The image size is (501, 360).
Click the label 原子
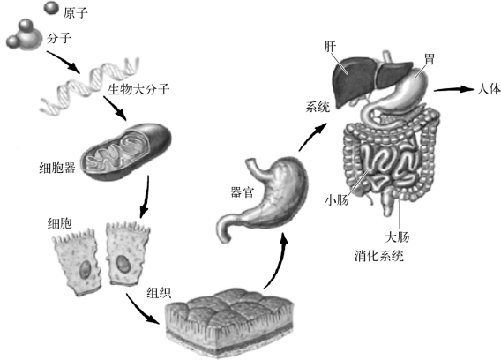(x=75, y=12)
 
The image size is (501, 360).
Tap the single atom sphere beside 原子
(x=51, y=8)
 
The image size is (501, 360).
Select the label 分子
(x=59, y=38)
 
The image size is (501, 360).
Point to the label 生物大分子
(x=138, y=89)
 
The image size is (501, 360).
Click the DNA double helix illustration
(x=90, y=86)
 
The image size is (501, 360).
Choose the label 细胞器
(x=57, y=168)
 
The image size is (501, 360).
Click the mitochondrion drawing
(x=126, y=152)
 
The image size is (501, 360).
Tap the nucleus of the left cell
(x=85, y=269)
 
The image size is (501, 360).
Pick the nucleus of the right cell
(x=122, y=264)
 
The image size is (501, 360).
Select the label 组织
(x=159, y=293)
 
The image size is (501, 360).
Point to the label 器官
(x=243, y=192)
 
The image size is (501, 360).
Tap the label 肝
(x=330, y=47)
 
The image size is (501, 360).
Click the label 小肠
(x=336, y=200)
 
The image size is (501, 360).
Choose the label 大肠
(x=397, y=236)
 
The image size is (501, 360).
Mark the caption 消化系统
(x=379, y=256)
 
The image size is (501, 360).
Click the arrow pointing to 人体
(x=453, y=89)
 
